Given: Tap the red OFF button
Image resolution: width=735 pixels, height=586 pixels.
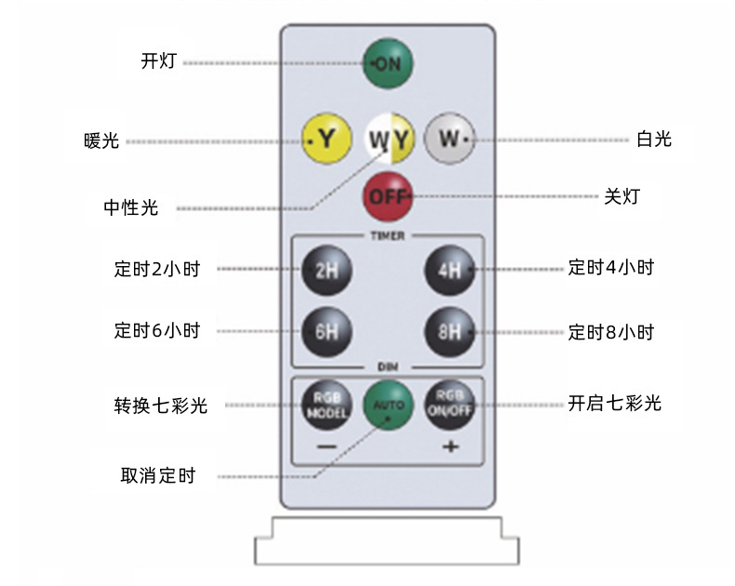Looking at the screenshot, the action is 388,197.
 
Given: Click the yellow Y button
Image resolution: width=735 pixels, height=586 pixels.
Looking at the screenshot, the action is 327,139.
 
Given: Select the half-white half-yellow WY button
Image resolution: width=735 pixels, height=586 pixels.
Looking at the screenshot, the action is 389,139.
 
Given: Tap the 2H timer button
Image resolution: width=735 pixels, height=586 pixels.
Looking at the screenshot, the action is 327,270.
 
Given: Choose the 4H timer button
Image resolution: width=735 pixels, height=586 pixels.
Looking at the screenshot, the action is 450,270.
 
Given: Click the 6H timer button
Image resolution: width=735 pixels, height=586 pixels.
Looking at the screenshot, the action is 327,332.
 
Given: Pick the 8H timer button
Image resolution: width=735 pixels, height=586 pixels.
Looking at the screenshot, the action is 450,332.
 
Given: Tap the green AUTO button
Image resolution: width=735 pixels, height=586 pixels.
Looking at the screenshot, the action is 388,405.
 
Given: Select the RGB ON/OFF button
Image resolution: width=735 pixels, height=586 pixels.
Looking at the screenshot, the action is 450,405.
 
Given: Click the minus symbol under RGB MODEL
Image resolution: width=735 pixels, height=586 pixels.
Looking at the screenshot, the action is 327,446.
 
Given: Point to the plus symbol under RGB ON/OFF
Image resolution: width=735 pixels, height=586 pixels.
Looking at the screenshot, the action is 450,446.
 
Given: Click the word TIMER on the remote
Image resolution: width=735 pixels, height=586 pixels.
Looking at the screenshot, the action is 388,236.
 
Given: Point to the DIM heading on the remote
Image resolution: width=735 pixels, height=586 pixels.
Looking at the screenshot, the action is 388,366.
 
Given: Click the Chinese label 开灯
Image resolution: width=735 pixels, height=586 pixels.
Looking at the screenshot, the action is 159,61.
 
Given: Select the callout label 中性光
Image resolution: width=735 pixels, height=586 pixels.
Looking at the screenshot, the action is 131,207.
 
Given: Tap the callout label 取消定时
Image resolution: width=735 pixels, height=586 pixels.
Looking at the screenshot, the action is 158,475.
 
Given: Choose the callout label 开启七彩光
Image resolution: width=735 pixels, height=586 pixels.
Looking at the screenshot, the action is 615,403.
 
